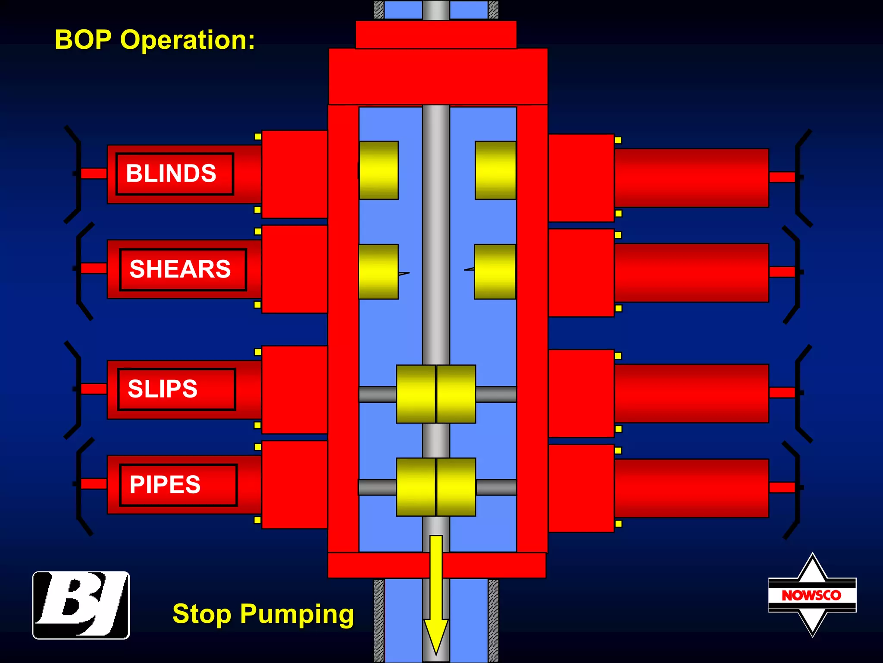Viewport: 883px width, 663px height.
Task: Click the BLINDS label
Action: point(174,174)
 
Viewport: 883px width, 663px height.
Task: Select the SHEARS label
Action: point(182,269)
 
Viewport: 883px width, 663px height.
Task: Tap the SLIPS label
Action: point(176,389)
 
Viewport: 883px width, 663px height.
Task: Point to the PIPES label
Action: point(178,484)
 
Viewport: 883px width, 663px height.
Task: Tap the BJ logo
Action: point(81,605)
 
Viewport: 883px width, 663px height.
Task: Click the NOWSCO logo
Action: point(812,595)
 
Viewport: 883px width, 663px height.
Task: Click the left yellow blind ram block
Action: point(379,170)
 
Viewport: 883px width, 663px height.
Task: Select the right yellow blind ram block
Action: point(495,170)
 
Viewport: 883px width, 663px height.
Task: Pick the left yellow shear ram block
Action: point(378,272)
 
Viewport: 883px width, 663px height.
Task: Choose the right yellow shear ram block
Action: point(495,272)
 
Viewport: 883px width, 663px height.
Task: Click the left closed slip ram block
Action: point(416,394)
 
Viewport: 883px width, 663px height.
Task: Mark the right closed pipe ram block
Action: point(456,487)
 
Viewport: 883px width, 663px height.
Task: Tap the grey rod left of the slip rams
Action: point(378,394)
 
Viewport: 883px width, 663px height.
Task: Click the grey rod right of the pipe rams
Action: point(496,487)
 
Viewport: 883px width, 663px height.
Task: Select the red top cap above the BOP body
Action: point(436,35)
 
